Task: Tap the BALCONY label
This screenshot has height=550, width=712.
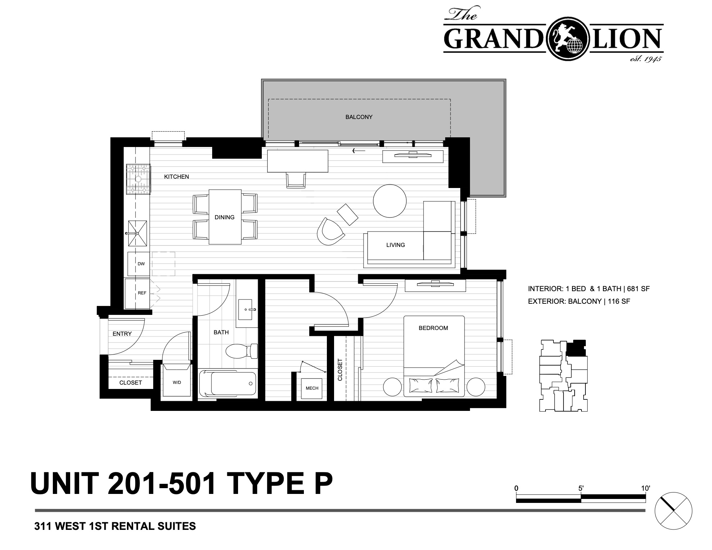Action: tap(359, 117)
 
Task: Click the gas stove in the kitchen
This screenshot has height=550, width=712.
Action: tap(138, 179)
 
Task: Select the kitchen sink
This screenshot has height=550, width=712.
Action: tap(138, 233)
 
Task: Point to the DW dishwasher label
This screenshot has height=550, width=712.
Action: tap(141, 264)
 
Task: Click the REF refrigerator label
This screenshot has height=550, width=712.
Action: tap(142, 293)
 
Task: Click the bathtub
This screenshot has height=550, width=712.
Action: tap(228, 384)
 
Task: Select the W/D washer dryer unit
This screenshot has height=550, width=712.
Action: tap(177, 380)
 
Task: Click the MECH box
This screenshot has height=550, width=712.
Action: tap(312, 388)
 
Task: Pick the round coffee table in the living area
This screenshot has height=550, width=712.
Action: tap(390, 201)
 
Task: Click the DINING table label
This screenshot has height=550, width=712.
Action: tap(224, 217)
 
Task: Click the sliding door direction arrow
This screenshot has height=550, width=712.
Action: tap(359, 151)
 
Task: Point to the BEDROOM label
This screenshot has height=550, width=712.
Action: tap(433, 328)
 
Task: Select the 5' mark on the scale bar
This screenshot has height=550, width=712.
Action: tap(581, 489)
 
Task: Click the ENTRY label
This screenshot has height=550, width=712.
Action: tap(122, 334)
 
